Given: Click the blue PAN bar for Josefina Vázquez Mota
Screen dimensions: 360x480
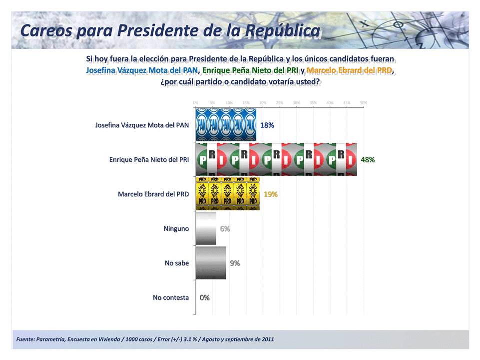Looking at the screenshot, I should (x=226, y=125).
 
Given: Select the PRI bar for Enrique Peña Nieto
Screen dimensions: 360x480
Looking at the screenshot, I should (x=276, y=159).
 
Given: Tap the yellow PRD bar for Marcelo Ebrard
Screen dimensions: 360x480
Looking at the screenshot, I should (x=227, y=194).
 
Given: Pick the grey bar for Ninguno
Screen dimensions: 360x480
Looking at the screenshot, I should (x=206, y=228).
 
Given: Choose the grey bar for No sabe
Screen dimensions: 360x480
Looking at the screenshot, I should (x=211, y=263).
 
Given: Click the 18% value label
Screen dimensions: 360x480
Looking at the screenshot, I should (x=267, y=125).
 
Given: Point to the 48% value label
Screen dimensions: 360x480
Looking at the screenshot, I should (x=368, y=160).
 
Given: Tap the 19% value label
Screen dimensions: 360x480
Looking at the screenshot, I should (x=271, y=194).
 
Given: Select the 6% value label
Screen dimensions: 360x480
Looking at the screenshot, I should (x=225, y=229).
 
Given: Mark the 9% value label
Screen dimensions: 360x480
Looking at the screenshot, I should (x=235, y=263).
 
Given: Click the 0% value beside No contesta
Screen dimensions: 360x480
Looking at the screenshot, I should (x=204, y=298).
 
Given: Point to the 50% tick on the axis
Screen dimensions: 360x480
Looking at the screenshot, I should (x=364, y=102).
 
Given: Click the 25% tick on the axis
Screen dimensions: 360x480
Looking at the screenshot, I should (x=279, y=102).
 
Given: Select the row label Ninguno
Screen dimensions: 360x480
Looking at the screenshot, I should (x=176, y=229).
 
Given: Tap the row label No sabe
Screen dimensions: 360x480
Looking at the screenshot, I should (x=177, y=263).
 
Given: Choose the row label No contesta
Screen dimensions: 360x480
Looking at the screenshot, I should (x=171, y=298).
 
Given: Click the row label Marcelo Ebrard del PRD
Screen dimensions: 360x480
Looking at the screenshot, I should (x=153, y=194).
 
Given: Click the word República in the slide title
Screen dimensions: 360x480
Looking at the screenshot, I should (x=282, y=31).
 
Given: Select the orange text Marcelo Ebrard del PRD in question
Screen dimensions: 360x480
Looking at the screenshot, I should (x=350, y=70).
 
